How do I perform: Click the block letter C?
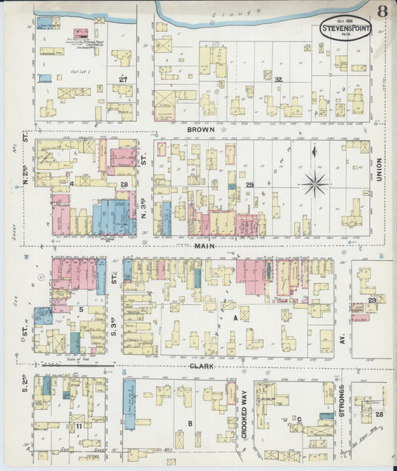pos(299,419)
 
